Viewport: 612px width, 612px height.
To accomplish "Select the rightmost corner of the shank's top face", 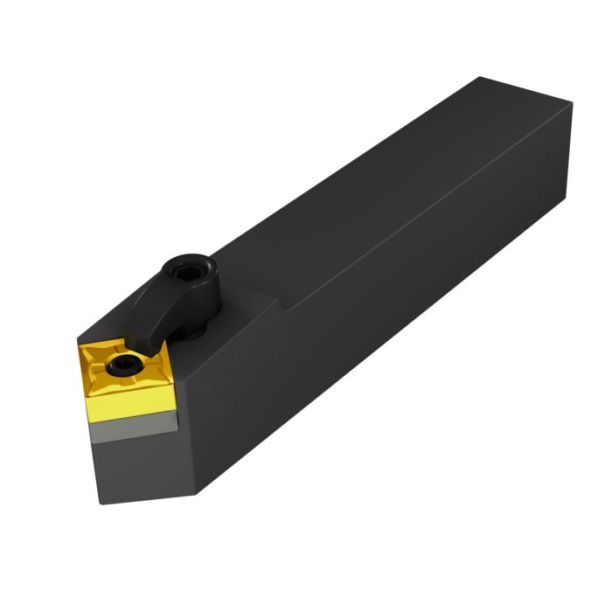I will pyautogui.click(x=573, y=103).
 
